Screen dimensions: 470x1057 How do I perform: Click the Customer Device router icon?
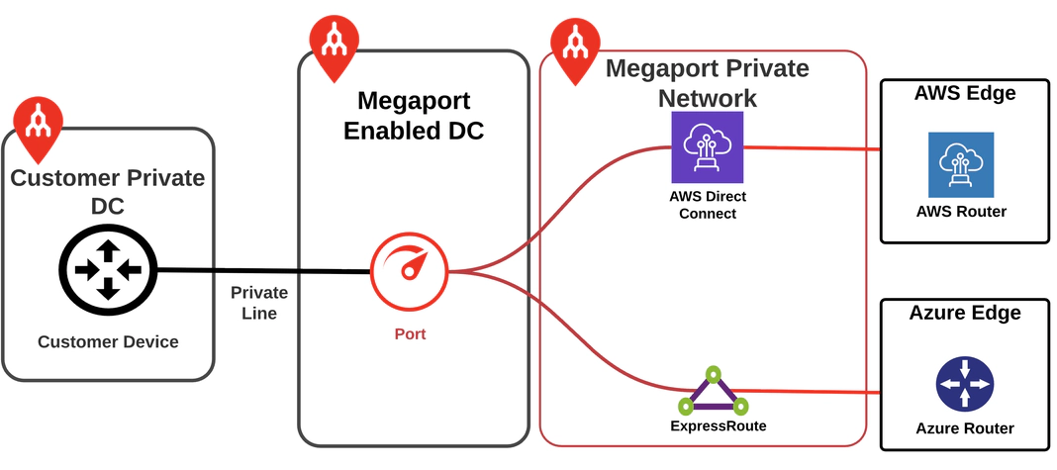click(x=108, y=268)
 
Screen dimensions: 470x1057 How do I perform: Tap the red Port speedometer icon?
click(x=409, y=272)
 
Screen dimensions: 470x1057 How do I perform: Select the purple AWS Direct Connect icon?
click(x=707, y=146)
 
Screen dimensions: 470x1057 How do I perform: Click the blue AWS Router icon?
click(x=960, y=164)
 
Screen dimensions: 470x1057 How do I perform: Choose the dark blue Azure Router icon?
click(x=964, y=385)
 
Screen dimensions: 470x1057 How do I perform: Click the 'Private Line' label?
click(x=259, y=303)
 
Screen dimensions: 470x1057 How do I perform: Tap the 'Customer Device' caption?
click(x=108, y=342)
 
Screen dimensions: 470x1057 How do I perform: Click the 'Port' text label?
click(x=410, y=334)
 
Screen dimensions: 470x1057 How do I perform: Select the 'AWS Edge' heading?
click(x=964, y=94)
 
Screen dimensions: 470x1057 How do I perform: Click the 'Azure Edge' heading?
click(x=964, y=314)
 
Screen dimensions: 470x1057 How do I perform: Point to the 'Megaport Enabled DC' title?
click(x=413, y=115)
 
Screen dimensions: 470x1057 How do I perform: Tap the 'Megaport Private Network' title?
click(x=707, y=83)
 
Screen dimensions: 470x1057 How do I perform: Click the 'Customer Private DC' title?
click(x=107, y=192)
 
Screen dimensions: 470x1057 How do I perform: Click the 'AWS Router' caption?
click(x=960, y=211)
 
